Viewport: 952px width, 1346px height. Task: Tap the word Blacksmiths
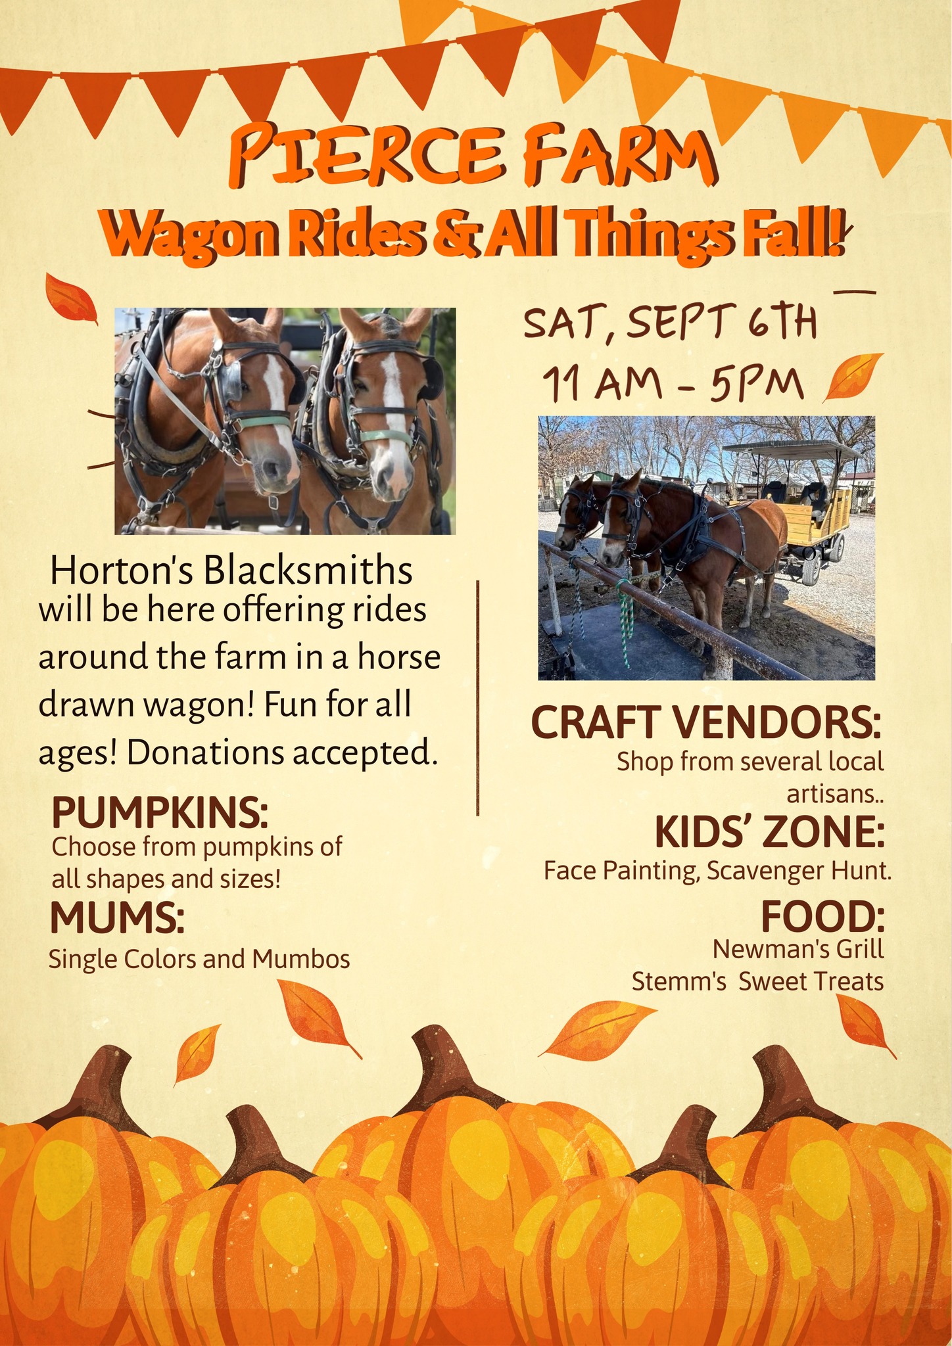pyautogui.click(x=308, y=570)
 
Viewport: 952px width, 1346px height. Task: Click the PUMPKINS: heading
pyautogui.click(x=160, y=813)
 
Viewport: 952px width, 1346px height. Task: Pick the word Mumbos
pyautogui.click(x=301, y=959)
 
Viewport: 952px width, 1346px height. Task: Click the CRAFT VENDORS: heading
pyautogui.click(x=705, y=723)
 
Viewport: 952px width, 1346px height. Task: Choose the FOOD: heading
pyautogui.click(x=822, y=917)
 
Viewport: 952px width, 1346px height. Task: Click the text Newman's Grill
pyautogui.click(x=798, y=948)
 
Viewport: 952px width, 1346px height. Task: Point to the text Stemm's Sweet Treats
pyautogui.click(x=757, y=981)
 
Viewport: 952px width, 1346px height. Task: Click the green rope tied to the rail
pyautogui.click(x=627, y=618)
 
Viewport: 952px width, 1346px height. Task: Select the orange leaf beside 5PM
pyautogui.click(x=853, y=375)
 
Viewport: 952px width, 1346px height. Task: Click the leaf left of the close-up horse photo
pyautogui.click(x=70, y=299)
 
